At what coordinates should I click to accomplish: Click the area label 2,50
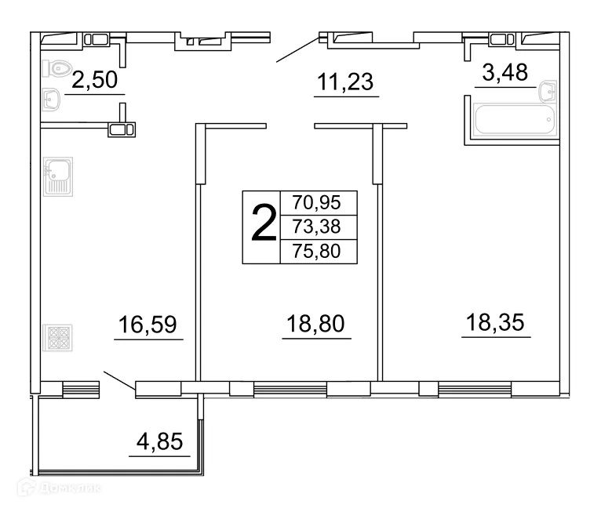[x=94, y=80]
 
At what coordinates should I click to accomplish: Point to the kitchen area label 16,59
[x=148, y=324]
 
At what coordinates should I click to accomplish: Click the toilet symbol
[x=57, y=69]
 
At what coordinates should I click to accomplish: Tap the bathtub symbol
[x=514, y=121]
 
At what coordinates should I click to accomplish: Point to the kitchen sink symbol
[x=58, y=176]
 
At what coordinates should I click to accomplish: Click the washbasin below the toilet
[x=52, y=100]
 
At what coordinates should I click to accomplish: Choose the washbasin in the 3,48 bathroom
[x=547, y=92]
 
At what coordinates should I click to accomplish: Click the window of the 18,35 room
[x=475, y=387]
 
